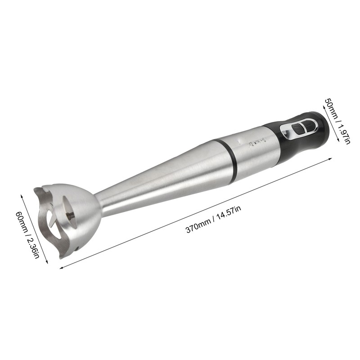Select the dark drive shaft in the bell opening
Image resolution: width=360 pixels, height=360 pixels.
(70, 215)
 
